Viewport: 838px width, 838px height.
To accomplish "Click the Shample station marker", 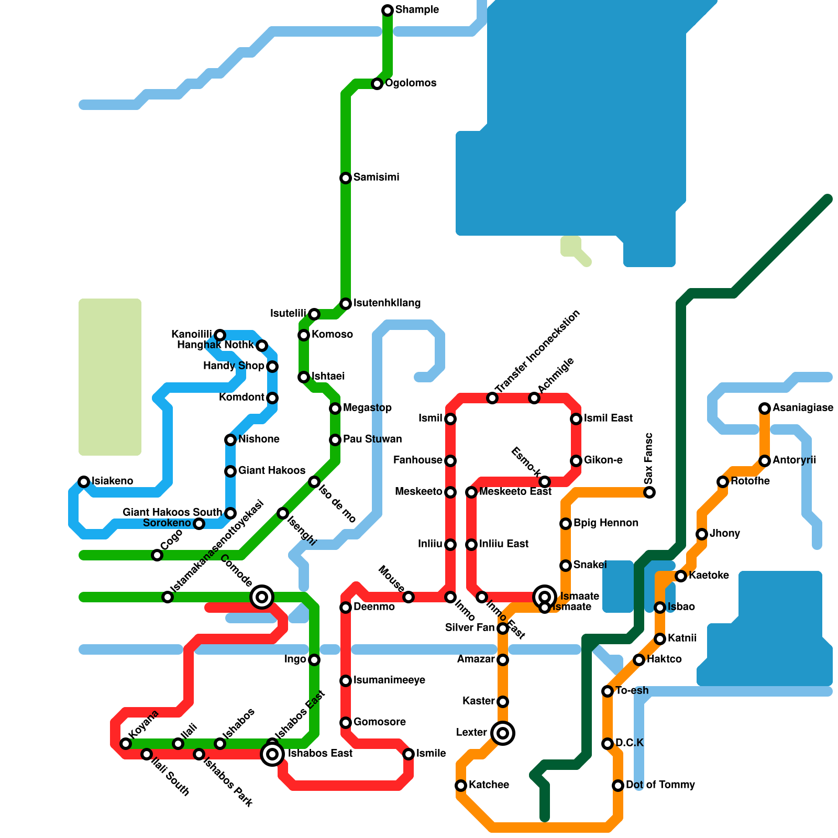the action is tap(388, 10).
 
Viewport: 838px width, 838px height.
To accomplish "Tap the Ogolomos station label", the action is tap(411, 83).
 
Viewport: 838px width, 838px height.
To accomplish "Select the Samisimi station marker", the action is tap(346, 178).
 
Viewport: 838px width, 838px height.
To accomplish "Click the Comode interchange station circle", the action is tap(262, 597).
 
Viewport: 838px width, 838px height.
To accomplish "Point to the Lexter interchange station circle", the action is tap(503, 733).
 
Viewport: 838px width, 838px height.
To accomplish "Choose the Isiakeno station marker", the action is tap(84, 481).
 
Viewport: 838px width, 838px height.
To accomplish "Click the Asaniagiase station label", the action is tap(802, 408).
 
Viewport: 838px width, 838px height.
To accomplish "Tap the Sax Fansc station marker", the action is tap(649, 492).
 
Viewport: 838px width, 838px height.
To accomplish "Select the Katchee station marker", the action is tap(461, 786).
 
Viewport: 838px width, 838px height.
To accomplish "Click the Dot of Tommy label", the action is tap(660, 785).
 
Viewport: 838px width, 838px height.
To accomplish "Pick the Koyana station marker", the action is tap(126, 744).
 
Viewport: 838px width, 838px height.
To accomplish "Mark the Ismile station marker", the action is tap(409, 754).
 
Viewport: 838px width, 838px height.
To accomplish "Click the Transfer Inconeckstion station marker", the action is tap(492, 398).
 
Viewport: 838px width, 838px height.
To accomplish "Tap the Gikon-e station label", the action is tap(603, 460).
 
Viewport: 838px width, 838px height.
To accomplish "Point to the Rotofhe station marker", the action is tap(723, 481).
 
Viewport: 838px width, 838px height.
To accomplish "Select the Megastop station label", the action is tap(367, 408).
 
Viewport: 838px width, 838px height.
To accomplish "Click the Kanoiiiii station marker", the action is tap(220, 335).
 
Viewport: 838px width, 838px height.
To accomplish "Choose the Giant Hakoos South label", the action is tap(172, 512).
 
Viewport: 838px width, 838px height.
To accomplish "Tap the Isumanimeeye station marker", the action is tap(346, 681).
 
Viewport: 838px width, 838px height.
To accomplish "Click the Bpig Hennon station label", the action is tap(605, 523).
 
